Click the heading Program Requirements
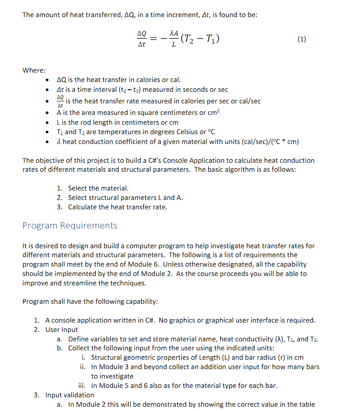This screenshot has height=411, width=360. click(70, 225)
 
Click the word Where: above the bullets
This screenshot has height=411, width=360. click(34, 70)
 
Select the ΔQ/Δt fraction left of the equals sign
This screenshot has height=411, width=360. click(141, 39)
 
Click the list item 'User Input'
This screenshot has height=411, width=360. click(62, 329)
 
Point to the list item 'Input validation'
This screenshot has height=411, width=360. click(69, 395)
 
